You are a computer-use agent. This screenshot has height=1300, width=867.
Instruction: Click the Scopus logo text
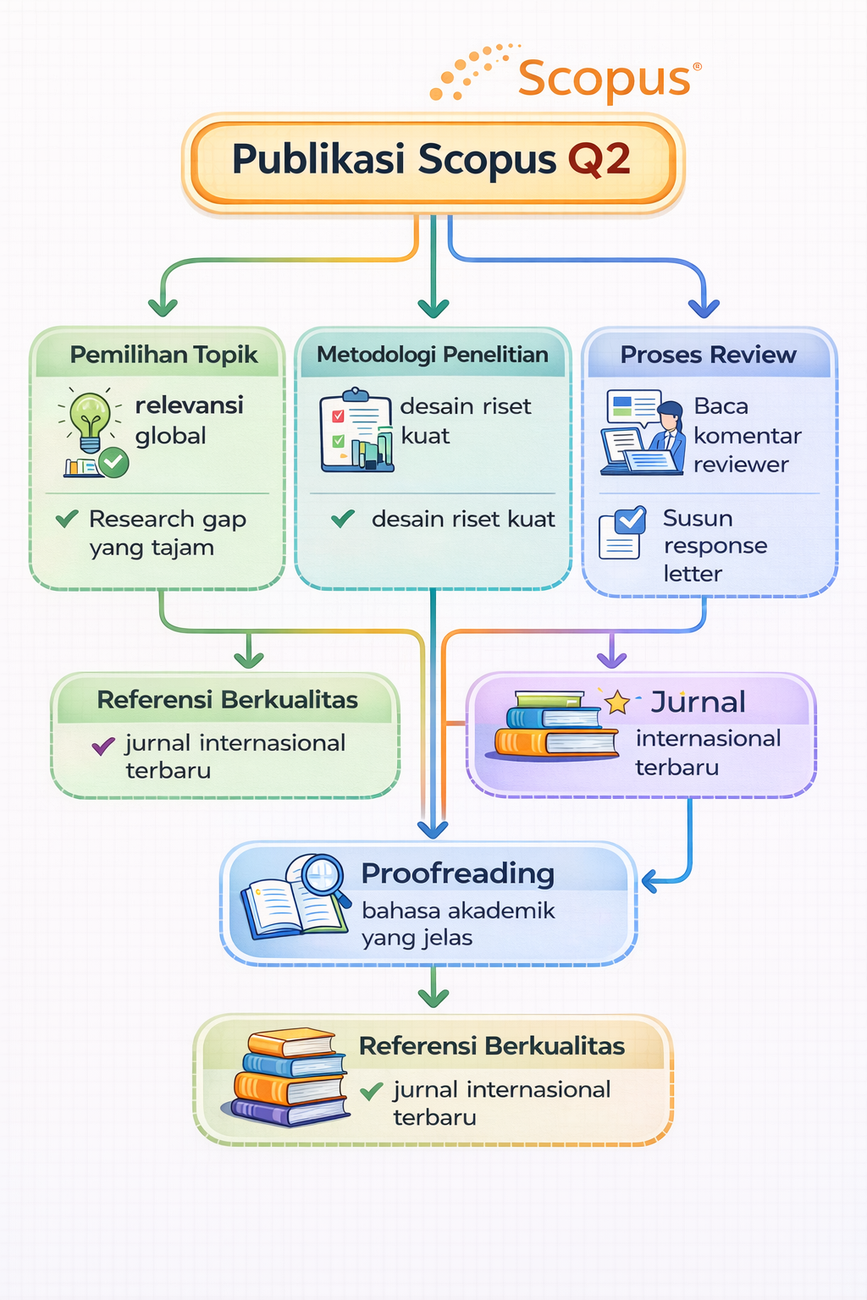pyautogui.click(x=604, y=79)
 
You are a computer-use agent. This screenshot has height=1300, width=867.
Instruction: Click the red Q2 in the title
pyautogui.click(x=599, y=159)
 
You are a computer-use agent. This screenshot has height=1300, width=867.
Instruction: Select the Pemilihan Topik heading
pyautogui.click(x=163, y=355)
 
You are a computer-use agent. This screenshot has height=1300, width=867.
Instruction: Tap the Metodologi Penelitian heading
pyautogui.click(x=432, y=355)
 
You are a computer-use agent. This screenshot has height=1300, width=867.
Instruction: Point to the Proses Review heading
pyautogui.click(x=708, y=355)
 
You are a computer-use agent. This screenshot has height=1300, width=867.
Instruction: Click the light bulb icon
pyautogui.click(x=90, y=421)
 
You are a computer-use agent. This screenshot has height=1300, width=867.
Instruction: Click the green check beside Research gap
pyautogui.click(x=67, y=519)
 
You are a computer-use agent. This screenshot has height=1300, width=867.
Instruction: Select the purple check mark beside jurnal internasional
pyautogui.click(x=103, y=746)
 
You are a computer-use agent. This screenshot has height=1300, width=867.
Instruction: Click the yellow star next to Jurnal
pyautogui.click(x=617, y=702)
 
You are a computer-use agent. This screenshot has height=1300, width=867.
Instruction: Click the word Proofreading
pyautogui.click(x=457, y=873)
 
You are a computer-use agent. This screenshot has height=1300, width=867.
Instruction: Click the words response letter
pyautogui.click(x=715, y=559)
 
